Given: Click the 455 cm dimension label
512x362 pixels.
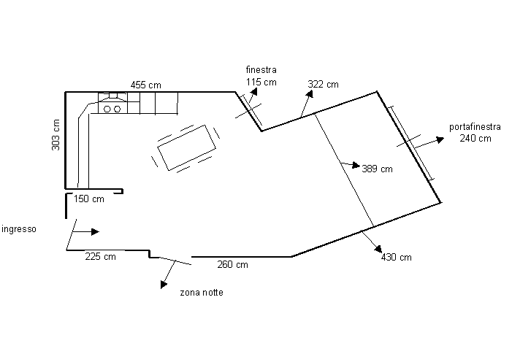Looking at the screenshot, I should [x=145, y=85].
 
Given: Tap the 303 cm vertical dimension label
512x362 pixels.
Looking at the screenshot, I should [x=56, y=135].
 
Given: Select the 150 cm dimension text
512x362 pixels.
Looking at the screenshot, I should [x=88, y=199].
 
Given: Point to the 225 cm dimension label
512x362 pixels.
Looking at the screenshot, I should [x=100, y=256].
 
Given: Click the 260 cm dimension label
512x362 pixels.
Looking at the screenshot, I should [x=232, y=264].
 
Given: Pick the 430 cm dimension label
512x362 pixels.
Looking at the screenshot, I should [x=396, y=258].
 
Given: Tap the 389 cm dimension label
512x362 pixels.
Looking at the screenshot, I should [x=377, y=169].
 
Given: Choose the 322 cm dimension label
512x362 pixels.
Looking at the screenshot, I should [x=323, y=84].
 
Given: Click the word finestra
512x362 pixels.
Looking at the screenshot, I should [x=261, y=70].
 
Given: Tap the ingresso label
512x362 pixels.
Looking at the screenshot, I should [x=19, y=228].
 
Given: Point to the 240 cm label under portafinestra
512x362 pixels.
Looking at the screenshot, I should [x=475, y=138].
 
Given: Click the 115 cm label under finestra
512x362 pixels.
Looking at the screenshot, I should [x=261, y=82].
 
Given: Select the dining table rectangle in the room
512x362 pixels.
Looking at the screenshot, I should [x=187, y=147].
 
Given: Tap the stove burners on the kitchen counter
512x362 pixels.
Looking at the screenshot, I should [x=112, y=109].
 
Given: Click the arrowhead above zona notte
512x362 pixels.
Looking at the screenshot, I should [x=164, y=285].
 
